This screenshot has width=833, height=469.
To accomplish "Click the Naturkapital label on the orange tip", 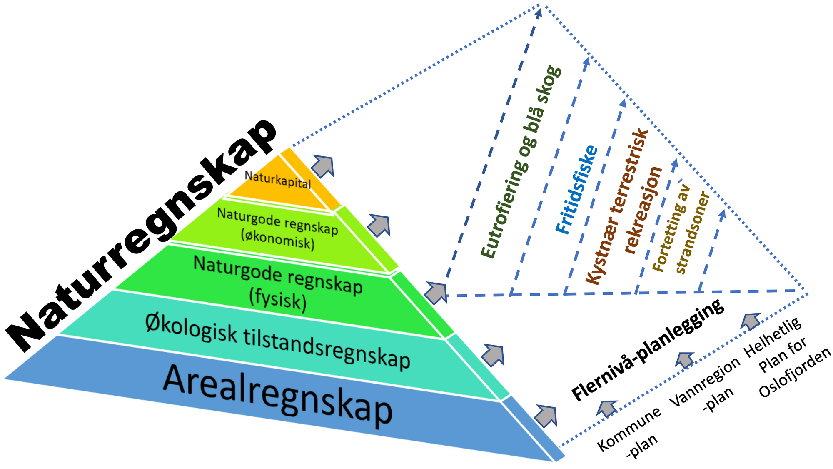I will coord(278,180).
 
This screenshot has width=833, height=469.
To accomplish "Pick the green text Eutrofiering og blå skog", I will coord(521,163).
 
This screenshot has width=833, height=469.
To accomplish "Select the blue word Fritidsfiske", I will coord(577,190).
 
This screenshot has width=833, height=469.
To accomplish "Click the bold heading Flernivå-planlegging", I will coord(648,350).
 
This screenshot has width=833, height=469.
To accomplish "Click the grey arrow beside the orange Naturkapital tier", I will coord(323,166).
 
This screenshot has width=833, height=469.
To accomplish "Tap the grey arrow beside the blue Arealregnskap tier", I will coord(546,415).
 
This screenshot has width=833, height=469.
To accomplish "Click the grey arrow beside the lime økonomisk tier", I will coord(379,225).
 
